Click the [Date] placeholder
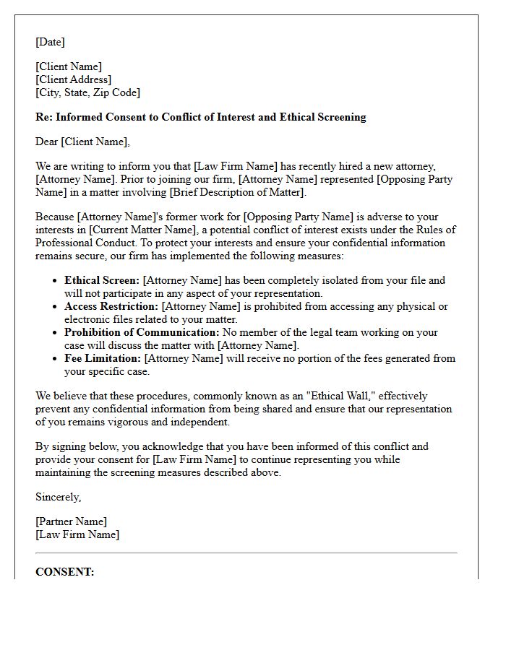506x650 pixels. click(50, 42)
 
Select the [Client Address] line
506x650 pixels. click(73, 79)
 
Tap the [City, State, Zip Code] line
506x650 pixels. click(87, 92)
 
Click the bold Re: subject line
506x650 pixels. click(200, 117)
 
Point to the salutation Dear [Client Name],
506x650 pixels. click(82, 142)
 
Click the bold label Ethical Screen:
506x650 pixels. click(102, 280)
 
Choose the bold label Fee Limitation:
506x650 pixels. click(103, 358)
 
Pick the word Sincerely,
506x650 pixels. click(58, 497)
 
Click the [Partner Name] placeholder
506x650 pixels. click(71, 521)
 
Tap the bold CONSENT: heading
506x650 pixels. click(64, 572)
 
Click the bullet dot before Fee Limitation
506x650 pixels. click(56, 359)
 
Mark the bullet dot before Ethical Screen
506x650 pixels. click(56, 281)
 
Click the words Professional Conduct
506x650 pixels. click(78, 243)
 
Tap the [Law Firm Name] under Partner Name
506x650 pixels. click(77, 534)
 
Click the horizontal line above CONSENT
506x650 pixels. click(246, 553)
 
